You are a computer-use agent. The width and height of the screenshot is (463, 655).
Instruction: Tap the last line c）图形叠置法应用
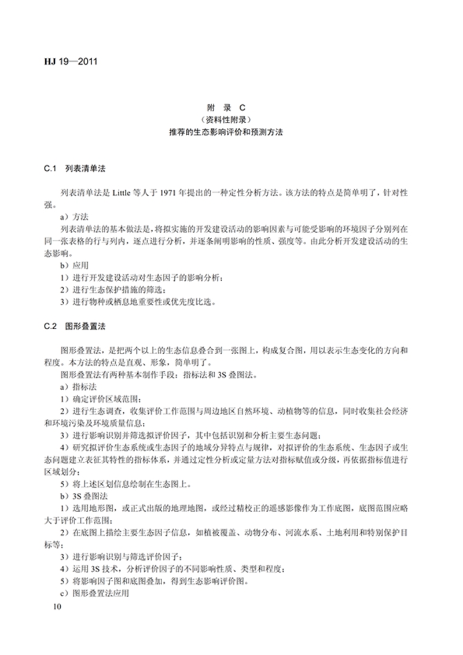94,593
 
